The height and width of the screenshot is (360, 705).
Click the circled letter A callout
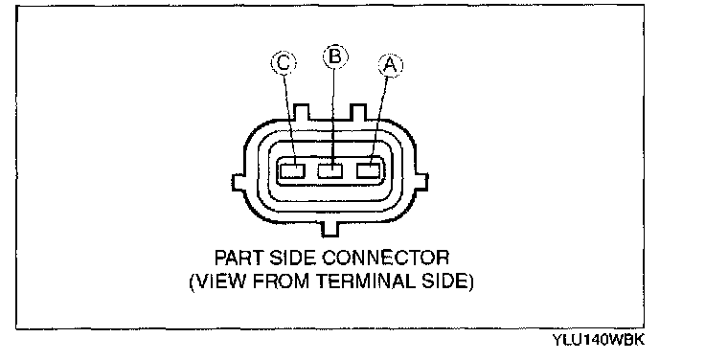391,66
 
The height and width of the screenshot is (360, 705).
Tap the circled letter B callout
335,56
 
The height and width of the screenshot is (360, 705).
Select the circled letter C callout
284,62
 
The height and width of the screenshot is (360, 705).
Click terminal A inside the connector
369,170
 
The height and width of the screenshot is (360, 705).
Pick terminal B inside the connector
330,170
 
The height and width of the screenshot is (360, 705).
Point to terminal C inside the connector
292,170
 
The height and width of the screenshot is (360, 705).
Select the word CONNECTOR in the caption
386,258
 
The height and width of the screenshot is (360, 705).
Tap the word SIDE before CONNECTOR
293,258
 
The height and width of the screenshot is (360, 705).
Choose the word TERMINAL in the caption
366,281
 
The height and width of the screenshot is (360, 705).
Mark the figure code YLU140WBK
599,340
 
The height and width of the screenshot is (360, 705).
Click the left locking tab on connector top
301,112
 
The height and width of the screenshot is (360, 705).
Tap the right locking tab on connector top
358,112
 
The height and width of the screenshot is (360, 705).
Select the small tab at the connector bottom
330,228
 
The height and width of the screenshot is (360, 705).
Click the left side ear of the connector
239,183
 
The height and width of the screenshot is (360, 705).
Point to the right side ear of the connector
421,183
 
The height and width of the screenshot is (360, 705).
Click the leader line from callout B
333,117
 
